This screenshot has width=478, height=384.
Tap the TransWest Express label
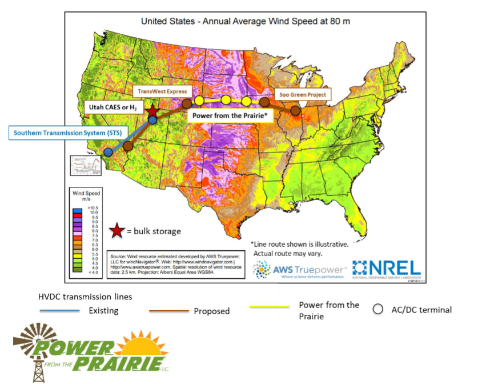(x=161, y=91)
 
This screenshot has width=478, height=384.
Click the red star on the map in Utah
(x=152, y=112)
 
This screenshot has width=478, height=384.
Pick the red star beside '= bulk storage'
(x=117, y=231)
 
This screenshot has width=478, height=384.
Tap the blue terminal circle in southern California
(x=107, y=152)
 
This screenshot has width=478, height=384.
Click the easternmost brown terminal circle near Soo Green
(x=295, y=110)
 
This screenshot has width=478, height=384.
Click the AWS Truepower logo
(x=299, y=269)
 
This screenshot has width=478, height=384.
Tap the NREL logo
(x=386, y=267)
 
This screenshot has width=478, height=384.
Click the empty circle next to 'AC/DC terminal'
(x=377, y=309)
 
